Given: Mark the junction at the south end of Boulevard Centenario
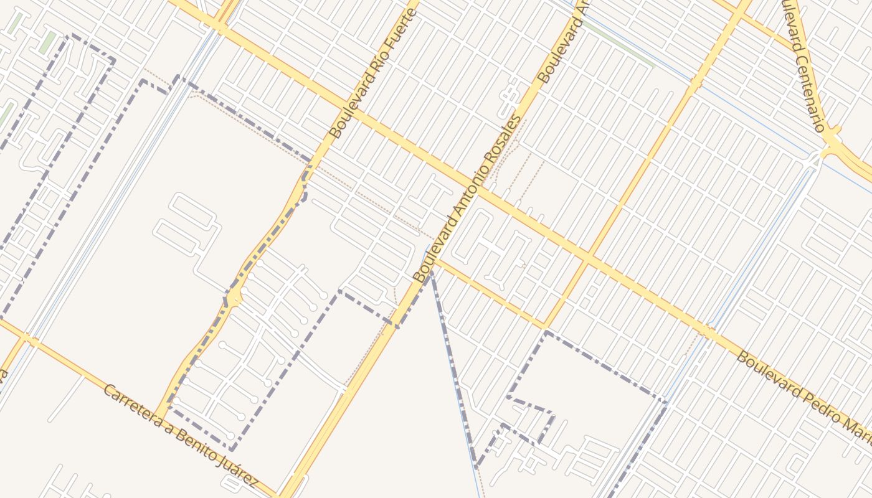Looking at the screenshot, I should point(829,149).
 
